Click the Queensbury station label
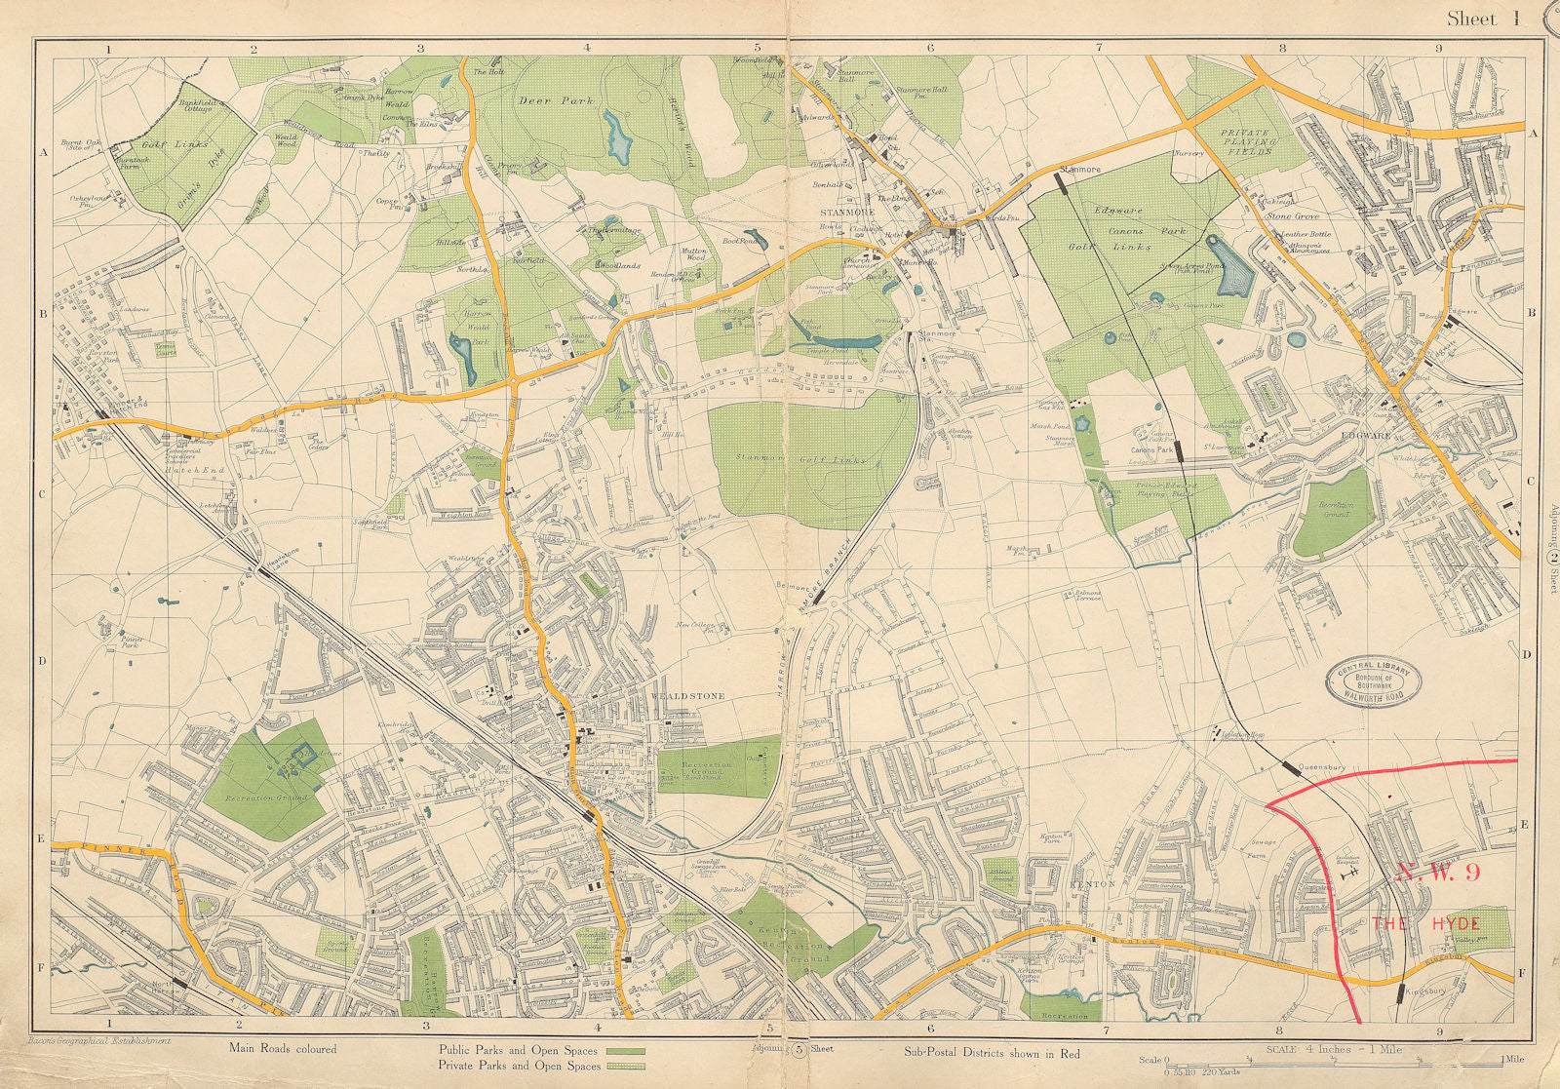tap(1329, 767)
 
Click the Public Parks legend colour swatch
tap(626, 1052)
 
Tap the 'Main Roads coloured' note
tap(283, 1049)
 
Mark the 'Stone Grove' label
tap(1293, 215)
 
